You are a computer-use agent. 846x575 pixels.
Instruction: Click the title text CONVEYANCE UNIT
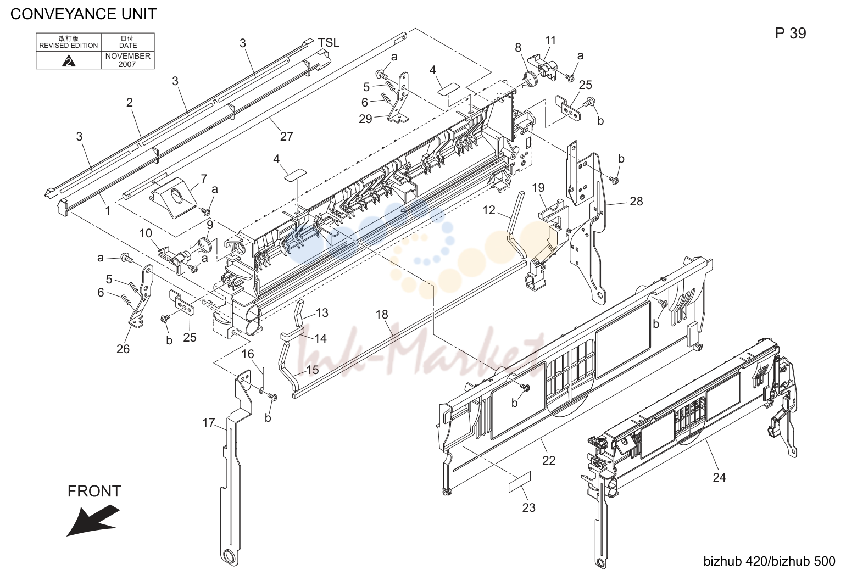click(84, 14)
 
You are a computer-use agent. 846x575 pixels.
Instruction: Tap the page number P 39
click(791, 34)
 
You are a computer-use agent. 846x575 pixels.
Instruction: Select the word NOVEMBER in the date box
click(127, 56)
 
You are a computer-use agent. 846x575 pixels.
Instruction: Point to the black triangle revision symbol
click(69, 61)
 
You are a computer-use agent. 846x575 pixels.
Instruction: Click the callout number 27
click(287, 136)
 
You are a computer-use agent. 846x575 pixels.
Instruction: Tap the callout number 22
click(549, 460)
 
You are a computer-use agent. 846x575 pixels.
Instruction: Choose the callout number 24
click(719, 477)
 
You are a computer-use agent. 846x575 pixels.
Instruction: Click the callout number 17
click(209, 422)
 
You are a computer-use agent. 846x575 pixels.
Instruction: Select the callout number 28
click(636, 201)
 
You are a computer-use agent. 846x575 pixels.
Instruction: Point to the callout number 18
click(382, 314)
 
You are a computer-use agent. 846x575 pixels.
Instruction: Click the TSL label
click(329, 43)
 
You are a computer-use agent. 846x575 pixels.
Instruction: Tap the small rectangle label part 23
click(520, 482)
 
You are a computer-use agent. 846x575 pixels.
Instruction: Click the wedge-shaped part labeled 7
click(174, 198)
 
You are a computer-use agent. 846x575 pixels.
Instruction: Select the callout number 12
click(489, 210)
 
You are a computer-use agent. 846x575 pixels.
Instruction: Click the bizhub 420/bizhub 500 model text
click(769, 561)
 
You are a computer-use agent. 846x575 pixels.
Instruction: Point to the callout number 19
click(538, 187)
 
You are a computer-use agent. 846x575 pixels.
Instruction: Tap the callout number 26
click(123, 349)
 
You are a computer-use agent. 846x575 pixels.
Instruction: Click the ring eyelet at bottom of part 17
click(229, 556)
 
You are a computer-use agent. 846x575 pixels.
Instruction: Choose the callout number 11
click(550, 41)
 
